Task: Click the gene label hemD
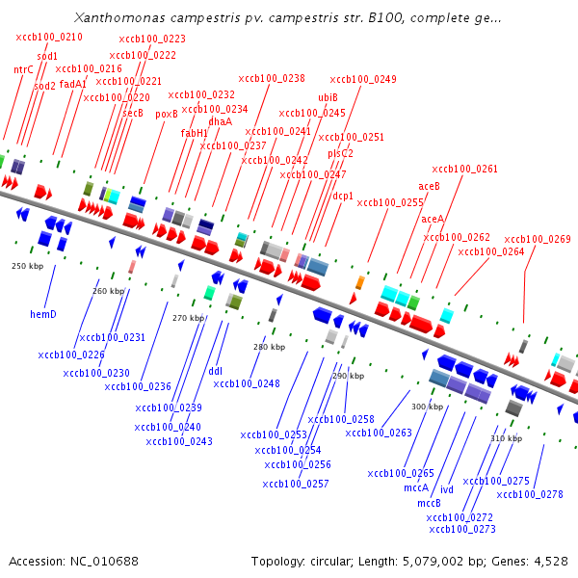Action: [x=43, y=313]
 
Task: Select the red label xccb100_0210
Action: [x=49, y=37]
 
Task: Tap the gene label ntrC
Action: [x=23, y=69]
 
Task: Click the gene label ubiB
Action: [x=328, y=97]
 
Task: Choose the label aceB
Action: [x=429, y=186]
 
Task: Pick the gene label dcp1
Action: [x=343, y=196]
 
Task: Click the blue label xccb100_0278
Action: [x=530, y=494]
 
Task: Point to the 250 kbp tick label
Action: [x=28, y=265]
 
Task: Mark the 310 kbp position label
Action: [x=506, y=438]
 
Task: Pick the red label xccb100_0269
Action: [x=538, y=239]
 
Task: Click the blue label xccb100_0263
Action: [x=379, y=433]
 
